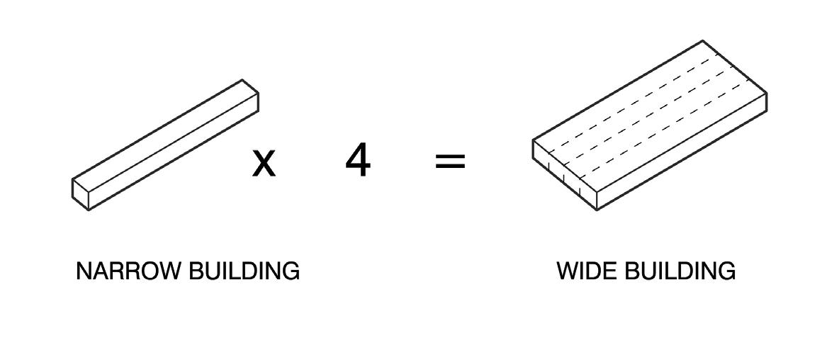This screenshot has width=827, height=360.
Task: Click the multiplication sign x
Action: (x=264, y=162)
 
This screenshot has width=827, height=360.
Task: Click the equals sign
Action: (x=450, y=162)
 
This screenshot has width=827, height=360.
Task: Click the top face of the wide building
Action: (x=648, y=113)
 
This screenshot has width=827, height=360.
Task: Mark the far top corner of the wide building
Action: (x=702, y=41)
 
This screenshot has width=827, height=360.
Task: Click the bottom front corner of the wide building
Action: (x=597, y=210)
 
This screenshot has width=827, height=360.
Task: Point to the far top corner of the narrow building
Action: (x=243, y=80)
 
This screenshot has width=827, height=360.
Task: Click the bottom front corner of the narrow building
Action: (x=88, y=209)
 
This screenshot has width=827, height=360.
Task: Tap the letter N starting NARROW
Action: (x=82, y=271)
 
